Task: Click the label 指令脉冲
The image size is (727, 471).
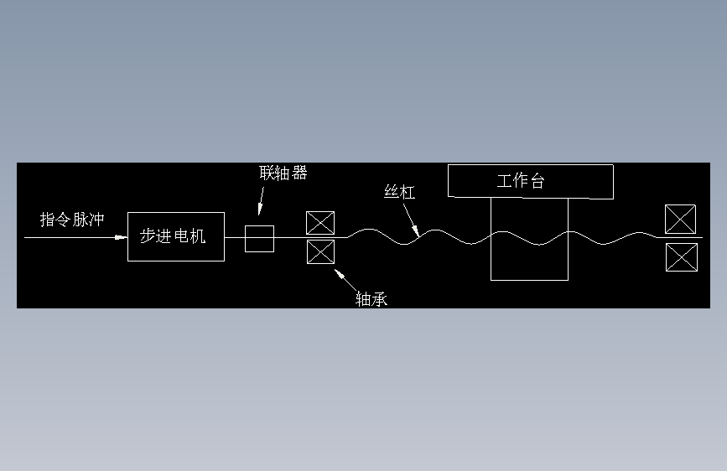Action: [x=72, y=220]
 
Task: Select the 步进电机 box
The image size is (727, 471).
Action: [x=175, y=236]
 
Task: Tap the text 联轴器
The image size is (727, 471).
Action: [x=283, y=173]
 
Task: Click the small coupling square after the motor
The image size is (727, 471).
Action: [x=259, y=238]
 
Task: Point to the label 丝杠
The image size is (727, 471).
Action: [x=399, y=192]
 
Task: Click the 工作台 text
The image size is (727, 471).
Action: [x=521, y=181]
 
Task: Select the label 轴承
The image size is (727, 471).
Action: [x=371, y=298]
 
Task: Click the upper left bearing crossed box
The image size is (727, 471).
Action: [x=320, y=222]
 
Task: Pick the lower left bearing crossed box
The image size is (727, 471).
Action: [x=320, y=251]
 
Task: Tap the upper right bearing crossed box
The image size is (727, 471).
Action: [x=680, y=219]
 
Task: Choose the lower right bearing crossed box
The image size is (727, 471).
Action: [x=680, y=256]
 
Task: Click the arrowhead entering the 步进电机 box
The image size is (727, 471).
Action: [x=122, y=238]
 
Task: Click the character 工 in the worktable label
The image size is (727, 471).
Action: [x=504, y=181]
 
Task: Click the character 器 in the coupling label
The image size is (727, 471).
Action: [x=299, y=173]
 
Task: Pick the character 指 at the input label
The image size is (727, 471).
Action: [x=48, y=220]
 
